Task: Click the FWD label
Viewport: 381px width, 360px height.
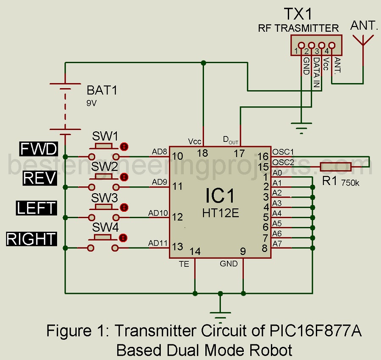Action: (39, 149)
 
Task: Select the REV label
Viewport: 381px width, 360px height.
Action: (40, 178)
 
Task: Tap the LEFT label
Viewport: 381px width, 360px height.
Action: (36, 208)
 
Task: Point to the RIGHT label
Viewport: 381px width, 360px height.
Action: (31, 239)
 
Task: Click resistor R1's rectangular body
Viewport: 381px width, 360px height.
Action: (335, 167)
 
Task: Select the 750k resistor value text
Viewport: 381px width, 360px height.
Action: (350, 183)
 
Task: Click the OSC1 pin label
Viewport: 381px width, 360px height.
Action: (283, 152)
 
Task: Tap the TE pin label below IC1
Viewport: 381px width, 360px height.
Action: (184, 264)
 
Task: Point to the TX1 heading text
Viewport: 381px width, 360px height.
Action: (298, 15)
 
